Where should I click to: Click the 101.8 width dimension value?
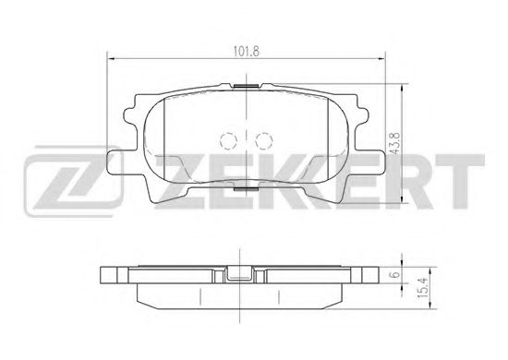pos(247,52)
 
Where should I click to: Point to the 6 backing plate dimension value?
pos(395,275)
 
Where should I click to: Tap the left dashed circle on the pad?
pos(229,141)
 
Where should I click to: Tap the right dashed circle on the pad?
pos(264,141)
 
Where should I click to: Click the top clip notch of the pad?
pos(247,86)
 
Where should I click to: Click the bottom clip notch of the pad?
pos(246,189)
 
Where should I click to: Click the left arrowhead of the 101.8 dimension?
pos(111,59)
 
